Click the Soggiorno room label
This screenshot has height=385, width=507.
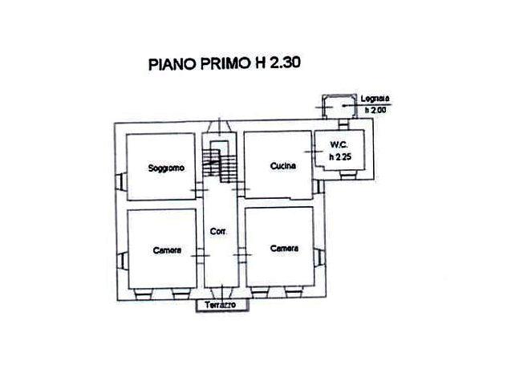pyautogui.click(x=166, y=168)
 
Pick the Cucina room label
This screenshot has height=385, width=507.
pyautogui.click(x=283, y=166)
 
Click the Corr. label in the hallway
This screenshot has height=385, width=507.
pyautogui.click(x=217, y=232)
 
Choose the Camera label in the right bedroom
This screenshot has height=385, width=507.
pyautogui.click(x=285, y=249)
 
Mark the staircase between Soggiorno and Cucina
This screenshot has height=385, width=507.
pyautogui.click(x=219, y=162)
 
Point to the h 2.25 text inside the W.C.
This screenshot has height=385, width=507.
pyautogui.click(x=339, y=156)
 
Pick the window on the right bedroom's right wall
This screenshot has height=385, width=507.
pyautogui.click(x=322, y=257)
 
